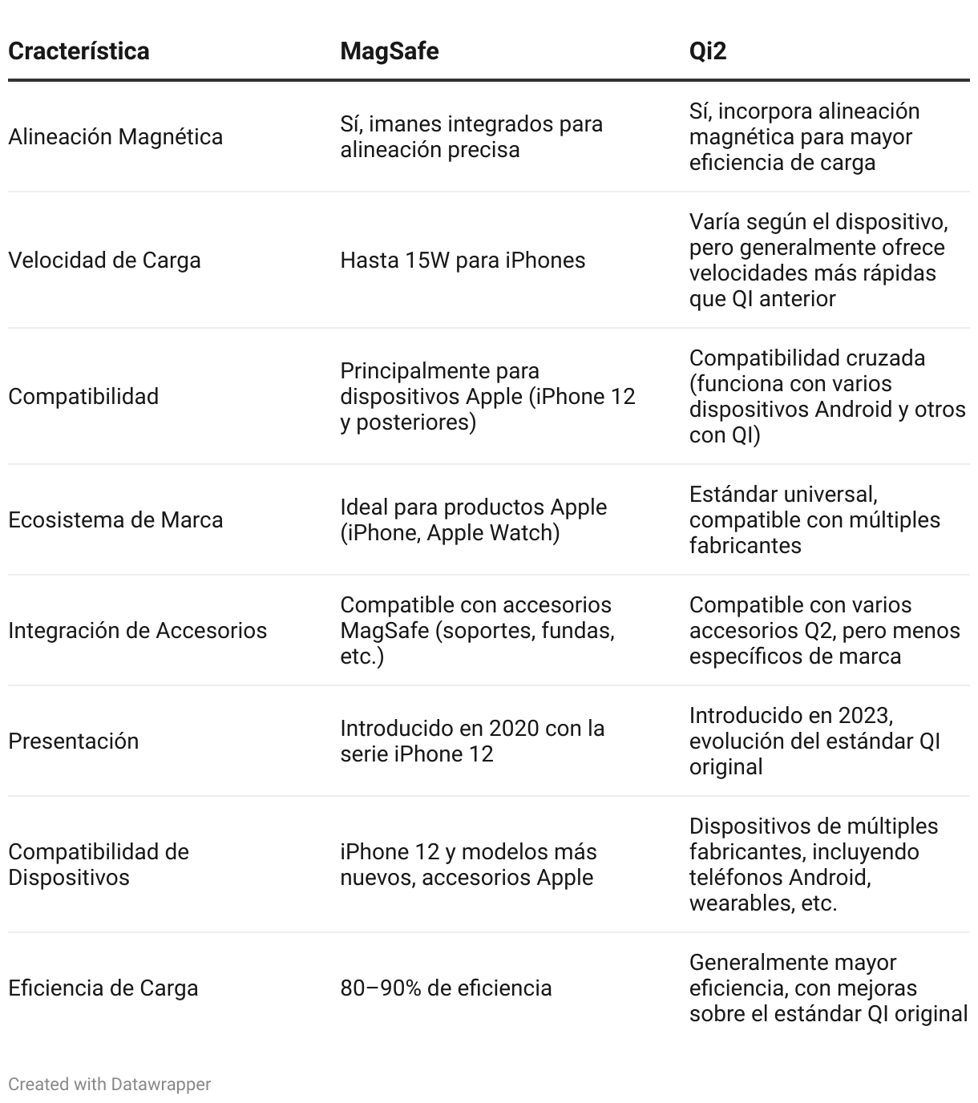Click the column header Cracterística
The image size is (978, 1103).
click(x=79, y=51)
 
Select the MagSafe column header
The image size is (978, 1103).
click(x=389, y=51)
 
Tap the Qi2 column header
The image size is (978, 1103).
click(x=707, y=51)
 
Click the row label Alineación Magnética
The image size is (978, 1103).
click(x=115, y=137)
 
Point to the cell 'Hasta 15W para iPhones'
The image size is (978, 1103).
click(x=463, y=261)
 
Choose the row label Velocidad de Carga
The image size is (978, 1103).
click(x=104, y=261)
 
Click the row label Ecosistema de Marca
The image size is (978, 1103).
click(x=115, y=520)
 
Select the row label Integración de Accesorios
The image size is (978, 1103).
click(x=137, y=631)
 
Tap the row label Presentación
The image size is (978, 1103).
click(x=73, y=741)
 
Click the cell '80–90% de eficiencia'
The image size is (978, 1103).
click(x=446, y=988)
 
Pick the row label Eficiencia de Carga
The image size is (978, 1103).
click(x=103, y=988)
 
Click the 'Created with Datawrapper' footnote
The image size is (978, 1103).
click(x=109, y=1085)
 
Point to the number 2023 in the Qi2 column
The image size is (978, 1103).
click(x=865, y=716)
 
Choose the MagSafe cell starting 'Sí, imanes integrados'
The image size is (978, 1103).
click(x=471, y=137)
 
